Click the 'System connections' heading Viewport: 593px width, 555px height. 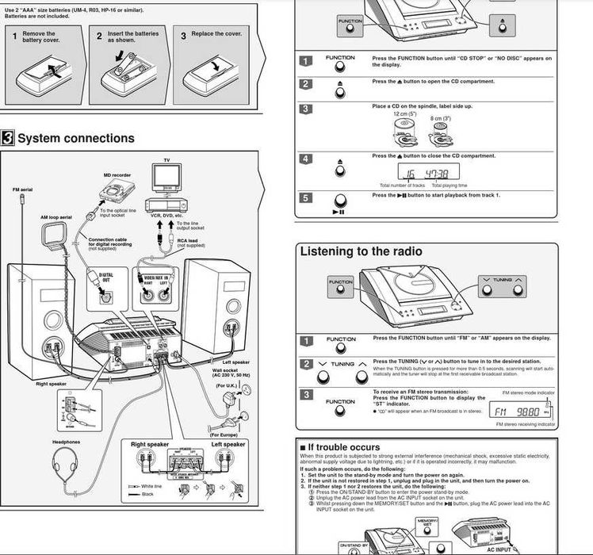click(76, 138)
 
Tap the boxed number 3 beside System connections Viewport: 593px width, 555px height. click(7, 138)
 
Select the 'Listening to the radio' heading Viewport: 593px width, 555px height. click(361, 251)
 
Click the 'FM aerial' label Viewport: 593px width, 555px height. click(22, 190)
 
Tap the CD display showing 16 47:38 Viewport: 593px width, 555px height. click(426, 174)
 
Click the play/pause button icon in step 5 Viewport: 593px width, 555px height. click(340, 202)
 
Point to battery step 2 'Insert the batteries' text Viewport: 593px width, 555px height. click(133, 36)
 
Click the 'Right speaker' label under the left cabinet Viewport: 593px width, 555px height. click(52, 384)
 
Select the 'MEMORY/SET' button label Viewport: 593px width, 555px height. click(427, 524)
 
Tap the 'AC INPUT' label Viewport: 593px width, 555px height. click(499, 549)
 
